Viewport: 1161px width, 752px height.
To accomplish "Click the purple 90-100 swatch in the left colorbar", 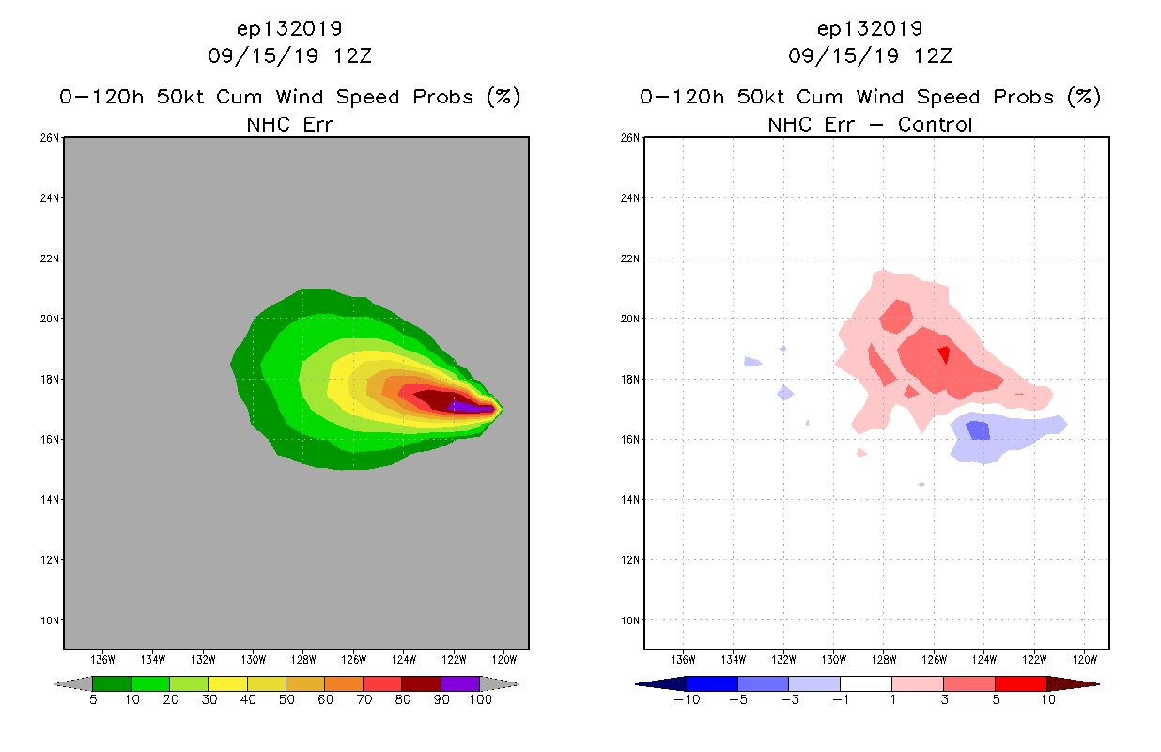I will tap(460, 683).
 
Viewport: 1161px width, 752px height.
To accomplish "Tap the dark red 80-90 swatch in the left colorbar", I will tap(421, 683).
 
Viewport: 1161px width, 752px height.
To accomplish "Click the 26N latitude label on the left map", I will tap(50, 138).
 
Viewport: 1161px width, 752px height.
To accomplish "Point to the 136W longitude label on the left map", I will tap(101, 659).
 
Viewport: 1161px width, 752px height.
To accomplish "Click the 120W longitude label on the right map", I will tap(1084, 659).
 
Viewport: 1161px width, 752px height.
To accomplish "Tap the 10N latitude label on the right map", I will tap(630, 620).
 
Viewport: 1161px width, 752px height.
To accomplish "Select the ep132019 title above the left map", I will tap(289, 28).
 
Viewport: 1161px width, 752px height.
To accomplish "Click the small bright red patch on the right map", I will tap(943, 354).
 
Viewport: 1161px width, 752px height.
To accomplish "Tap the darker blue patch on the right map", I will tap(978, 431).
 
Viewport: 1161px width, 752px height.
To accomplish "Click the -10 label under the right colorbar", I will tap(687, 699).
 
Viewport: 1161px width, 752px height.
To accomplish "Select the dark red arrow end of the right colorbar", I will tap(1072, 683).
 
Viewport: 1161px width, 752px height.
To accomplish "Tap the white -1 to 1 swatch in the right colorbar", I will tap(865, 683).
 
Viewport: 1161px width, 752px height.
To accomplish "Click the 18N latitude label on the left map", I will tap(50, 380).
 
